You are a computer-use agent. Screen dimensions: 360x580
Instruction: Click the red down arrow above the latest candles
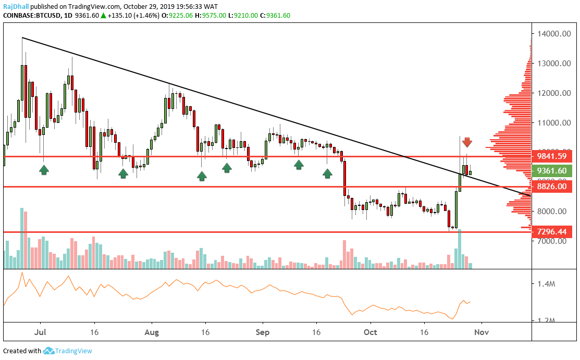(x=467, y=142)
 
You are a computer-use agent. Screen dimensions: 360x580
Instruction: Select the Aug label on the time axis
(x=152, y=331)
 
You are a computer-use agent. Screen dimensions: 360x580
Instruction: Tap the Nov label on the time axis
(x=482, y=331)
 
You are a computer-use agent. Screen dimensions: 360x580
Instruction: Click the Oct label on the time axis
(x=370, y=331)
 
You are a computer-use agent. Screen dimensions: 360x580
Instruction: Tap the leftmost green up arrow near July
(x=44, y=169)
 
